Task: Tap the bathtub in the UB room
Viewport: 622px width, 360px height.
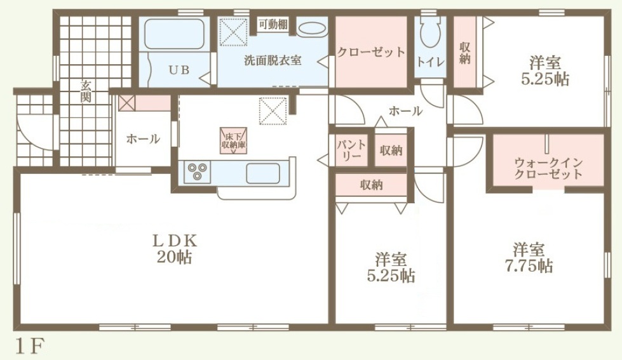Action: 174,34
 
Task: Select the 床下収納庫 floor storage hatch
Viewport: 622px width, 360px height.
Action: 233,140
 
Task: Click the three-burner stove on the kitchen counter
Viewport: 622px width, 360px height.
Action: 197,172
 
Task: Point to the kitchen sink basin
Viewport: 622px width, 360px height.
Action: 262,173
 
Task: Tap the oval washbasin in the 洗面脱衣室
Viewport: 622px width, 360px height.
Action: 312,29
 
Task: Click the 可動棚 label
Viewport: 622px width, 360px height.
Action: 273,25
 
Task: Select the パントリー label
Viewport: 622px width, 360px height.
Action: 351,150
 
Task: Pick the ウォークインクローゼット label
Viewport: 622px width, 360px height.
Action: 548,168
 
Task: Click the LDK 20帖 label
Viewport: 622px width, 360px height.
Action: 175,249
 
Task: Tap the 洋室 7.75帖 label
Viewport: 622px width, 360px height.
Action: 529,258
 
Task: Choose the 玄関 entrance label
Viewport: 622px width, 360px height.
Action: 86,91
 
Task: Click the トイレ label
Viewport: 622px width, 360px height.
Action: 430,62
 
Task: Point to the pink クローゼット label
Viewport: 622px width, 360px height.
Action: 371,52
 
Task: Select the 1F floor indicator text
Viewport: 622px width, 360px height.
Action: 29,347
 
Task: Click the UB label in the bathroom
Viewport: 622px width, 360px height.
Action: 179,70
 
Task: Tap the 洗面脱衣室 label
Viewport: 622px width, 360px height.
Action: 273,61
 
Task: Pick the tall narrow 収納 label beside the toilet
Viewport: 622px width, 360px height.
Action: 465,53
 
